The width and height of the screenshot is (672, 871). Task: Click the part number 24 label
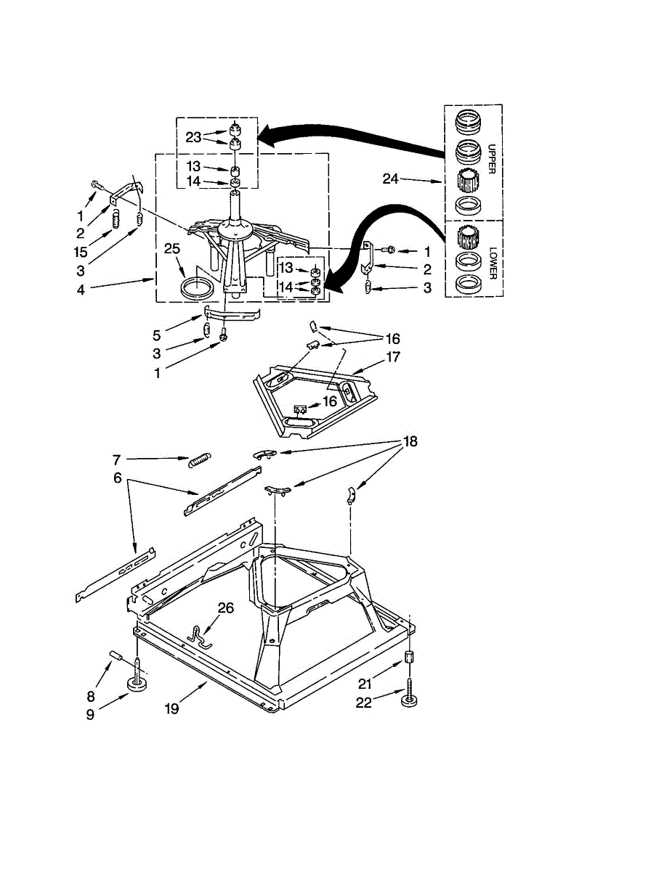click(x=391, y=179)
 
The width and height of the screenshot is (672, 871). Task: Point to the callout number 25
click(x=171, y=249)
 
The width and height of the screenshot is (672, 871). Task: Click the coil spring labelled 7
click(x=200, y=459)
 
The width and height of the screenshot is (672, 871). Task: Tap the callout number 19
click(x=171, y=709)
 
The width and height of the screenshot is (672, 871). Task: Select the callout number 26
click(x=226, y=608)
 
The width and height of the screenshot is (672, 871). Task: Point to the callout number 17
click(x=393, y=357)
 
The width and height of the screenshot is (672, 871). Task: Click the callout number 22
click(x=364, y=703)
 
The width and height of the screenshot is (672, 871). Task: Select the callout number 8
click(x=90, y=695)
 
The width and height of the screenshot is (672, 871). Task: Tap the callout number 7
click(x=116, y=459)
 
